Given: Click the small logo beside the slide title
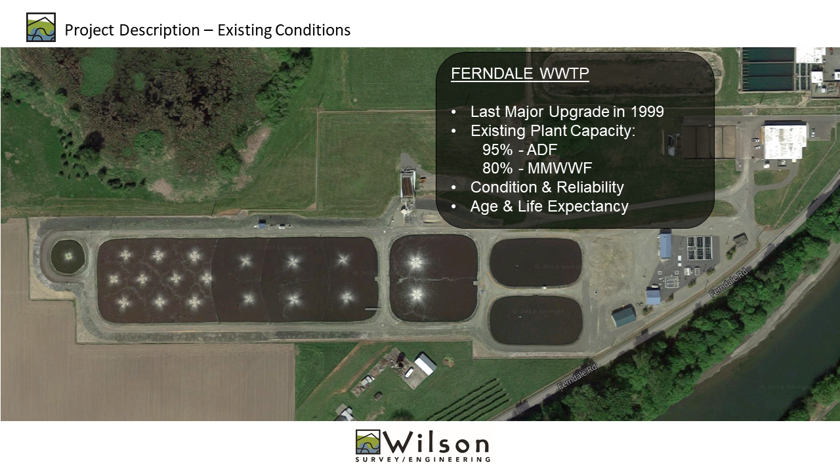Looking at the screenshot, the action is click(41, 27).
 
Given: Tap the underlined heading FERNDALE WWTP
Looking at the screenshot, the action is click(520, 73).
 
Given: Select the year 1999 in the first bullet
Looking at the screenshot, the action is click(647, 112).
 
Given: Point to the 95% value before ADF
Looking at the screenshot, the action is click(497, 150).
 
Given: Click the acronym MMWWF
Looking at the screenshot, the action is click(560, 168).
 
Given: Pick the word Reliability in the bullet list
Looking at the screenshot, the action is click(590, 187).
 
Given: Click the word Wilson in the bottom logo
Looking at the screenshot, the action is click(436, 443).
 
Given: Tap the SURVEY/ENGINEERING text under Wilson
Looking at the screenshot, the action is click(423, 459).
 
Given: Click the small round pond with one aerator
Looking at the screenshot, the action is click(68, 256).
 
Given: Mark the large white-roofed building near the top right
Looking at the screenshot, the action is click(785, 141).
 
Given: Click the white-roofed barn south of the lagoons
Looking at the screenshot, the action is click(425, 363).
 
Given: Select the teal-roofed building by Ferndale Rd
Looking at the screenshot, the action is click(624, 316).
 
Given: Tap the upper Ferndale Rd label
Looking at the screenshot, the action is click(728, 282).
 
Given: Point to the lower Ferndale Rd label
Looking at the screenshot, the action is click(577, 377).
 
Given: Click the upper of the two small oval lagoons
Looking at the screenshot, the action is click(535, 262).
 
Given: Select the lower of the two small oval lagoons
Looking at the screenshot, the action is click(536, 320).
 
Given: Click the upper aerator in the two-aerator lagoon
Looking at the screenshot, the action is click(415, 261).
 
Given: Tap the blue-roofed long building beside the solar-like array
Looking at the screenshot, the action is click(665, 245).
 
